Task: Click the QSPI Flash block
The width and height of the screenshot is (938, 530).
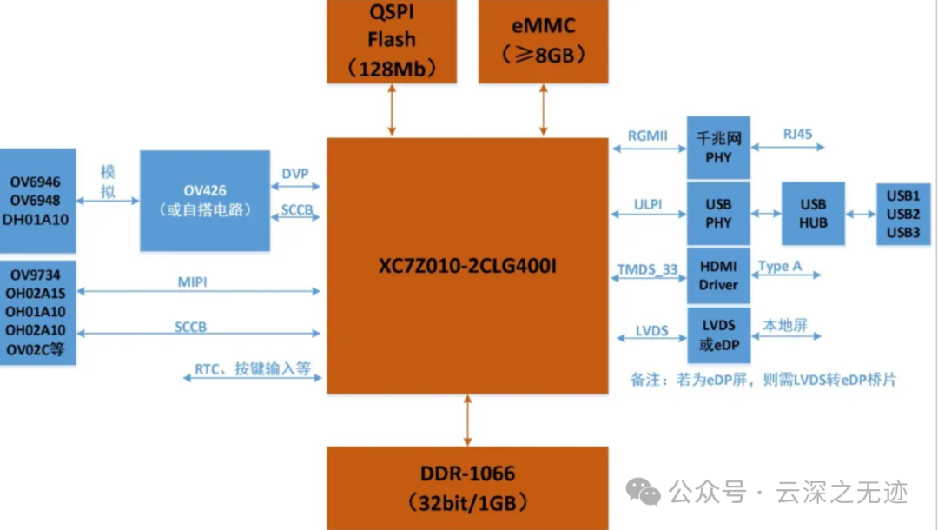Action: [x=392, y=41]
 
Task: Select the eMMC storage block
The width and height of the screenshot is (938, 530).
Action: [x=544, y=41]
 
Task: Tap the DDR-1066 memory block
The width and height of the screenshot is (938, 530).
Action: [x=468, y=487]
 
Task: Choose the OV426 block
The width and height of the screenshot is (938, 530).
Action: [x=204, y=201]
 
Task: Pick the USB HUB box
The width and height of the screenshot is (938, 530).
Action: [x=813, y=213]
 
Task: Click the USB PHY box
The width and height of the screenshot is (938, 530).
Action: [x=718, y=213]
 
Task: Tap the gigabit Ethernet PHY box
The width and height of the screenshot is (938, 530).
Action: [x=718, y=148]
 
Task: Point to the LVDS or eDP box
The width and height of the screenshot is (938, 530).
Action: [x=718, y=335]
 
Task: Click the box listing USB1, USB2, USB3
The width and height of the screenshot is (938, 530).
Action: [x=903, y=213]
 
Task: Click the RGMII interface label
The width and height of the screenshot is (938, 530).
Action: [x=648, y=136]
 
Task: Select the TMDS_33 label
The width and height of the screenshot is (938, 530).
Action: [x=648, y=270]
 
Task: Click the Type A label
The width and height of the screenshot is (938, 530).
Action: [x=780, y=266]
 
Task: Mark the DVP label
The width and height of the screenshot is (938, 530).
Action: [x=295, y=174]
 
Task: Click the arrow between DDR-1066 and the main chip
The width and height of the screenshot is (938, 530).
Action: [x=468, y=421]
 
